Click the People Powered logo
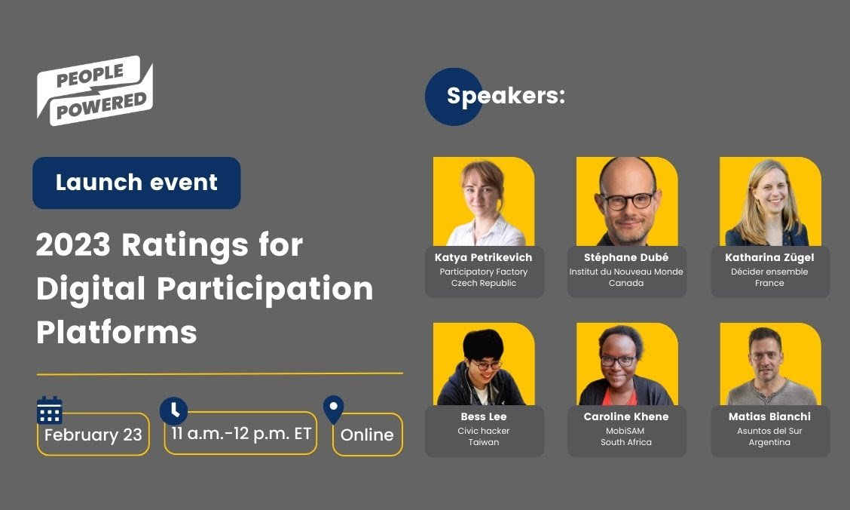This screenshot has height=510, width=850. [x=95, y=90]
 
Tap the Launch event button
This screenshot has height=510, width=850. [x=136, y=183]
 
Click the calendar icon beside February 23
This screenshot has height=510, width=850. [x=50, y=410]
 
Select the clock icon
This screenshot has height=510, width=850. [x=173, y=410]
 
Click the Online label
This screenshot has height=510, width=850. [x=367, y=435]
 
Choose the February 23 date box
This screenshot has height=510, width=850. [x=93, y=435]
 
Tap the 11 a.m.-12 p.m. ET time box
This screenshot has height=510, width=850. [x=240, y=434]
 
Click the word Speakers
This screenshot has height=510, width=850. [x=506, y=96]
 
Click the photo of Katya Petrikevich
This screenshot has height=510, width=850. [x=484, y=201]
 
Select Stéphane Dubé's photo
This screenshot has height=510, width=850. [x=627, y=201]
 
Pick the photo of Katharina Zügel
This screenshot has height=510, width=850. [x=770, y=201]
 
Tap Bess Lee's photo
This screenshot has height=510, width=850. [x=484, y=364]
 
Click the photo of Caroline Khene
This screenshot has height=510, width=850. [x=627, y=364]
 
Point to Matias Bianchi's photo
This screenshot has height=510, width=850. [x=770, y=364]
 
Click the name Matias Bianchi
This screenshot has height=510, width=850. [x=769, y=416]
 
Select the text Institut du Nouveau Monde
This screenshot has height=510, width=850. [x=626, y=272]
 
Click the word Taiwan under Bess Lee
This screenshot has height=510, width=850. [x=484, y=442]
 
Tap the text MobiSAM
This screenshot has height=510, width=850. [x=626, y=431]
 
